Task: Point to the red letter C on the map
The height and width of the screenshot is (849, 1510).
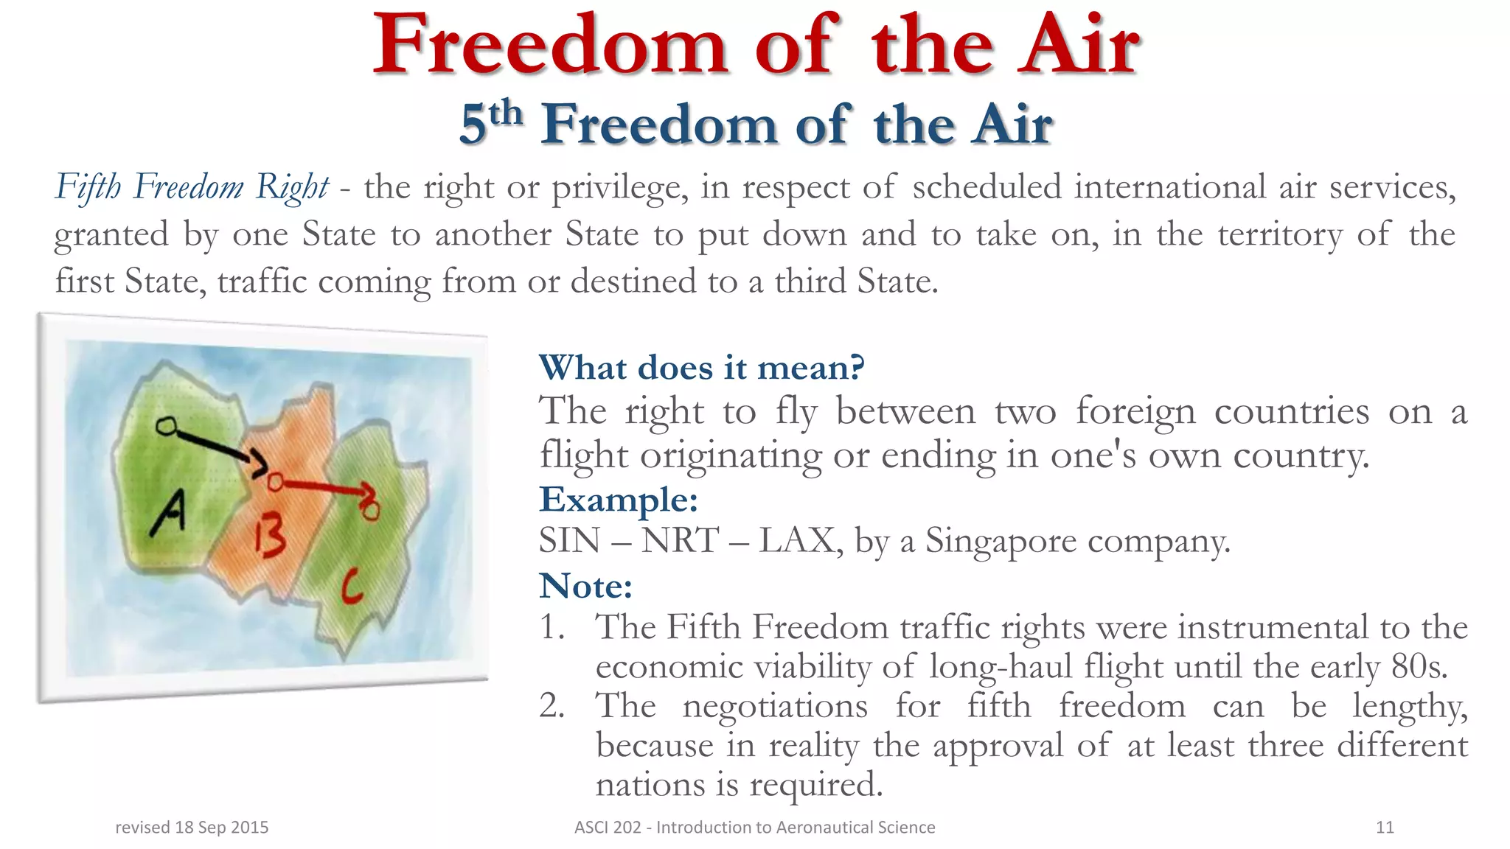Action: pos(352,587)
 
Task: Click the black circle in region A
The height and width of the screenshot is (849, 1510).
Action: pos(167,426)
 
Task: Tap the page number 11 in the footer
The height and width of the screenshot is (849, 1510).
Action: pos(1385,827)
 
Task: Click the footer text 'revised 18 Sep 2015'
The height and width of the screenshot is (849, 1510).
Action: pos(192,827)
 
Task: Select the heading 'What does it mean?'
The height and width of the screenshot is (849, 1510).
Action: pos(701,367)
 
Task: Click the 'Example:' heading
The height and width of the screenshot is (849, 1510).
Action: pos(619,499)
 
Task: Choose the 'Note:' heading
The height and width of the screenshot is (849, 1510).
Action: pos(585,586)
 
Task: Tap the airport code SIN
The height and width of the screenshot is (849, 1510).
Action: pos(569,541)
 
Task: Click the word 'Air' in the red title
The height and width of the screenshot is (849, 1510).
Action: pos(1078,46)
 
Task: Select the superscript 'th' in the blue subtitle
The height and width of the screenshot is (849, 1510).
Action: pos(506,113)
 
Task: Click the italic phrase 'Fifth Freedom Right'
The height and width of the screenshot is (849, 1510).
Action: pos(192,187)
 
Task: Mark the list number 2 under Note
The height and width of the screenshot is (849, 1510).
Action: pos(552,705)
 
